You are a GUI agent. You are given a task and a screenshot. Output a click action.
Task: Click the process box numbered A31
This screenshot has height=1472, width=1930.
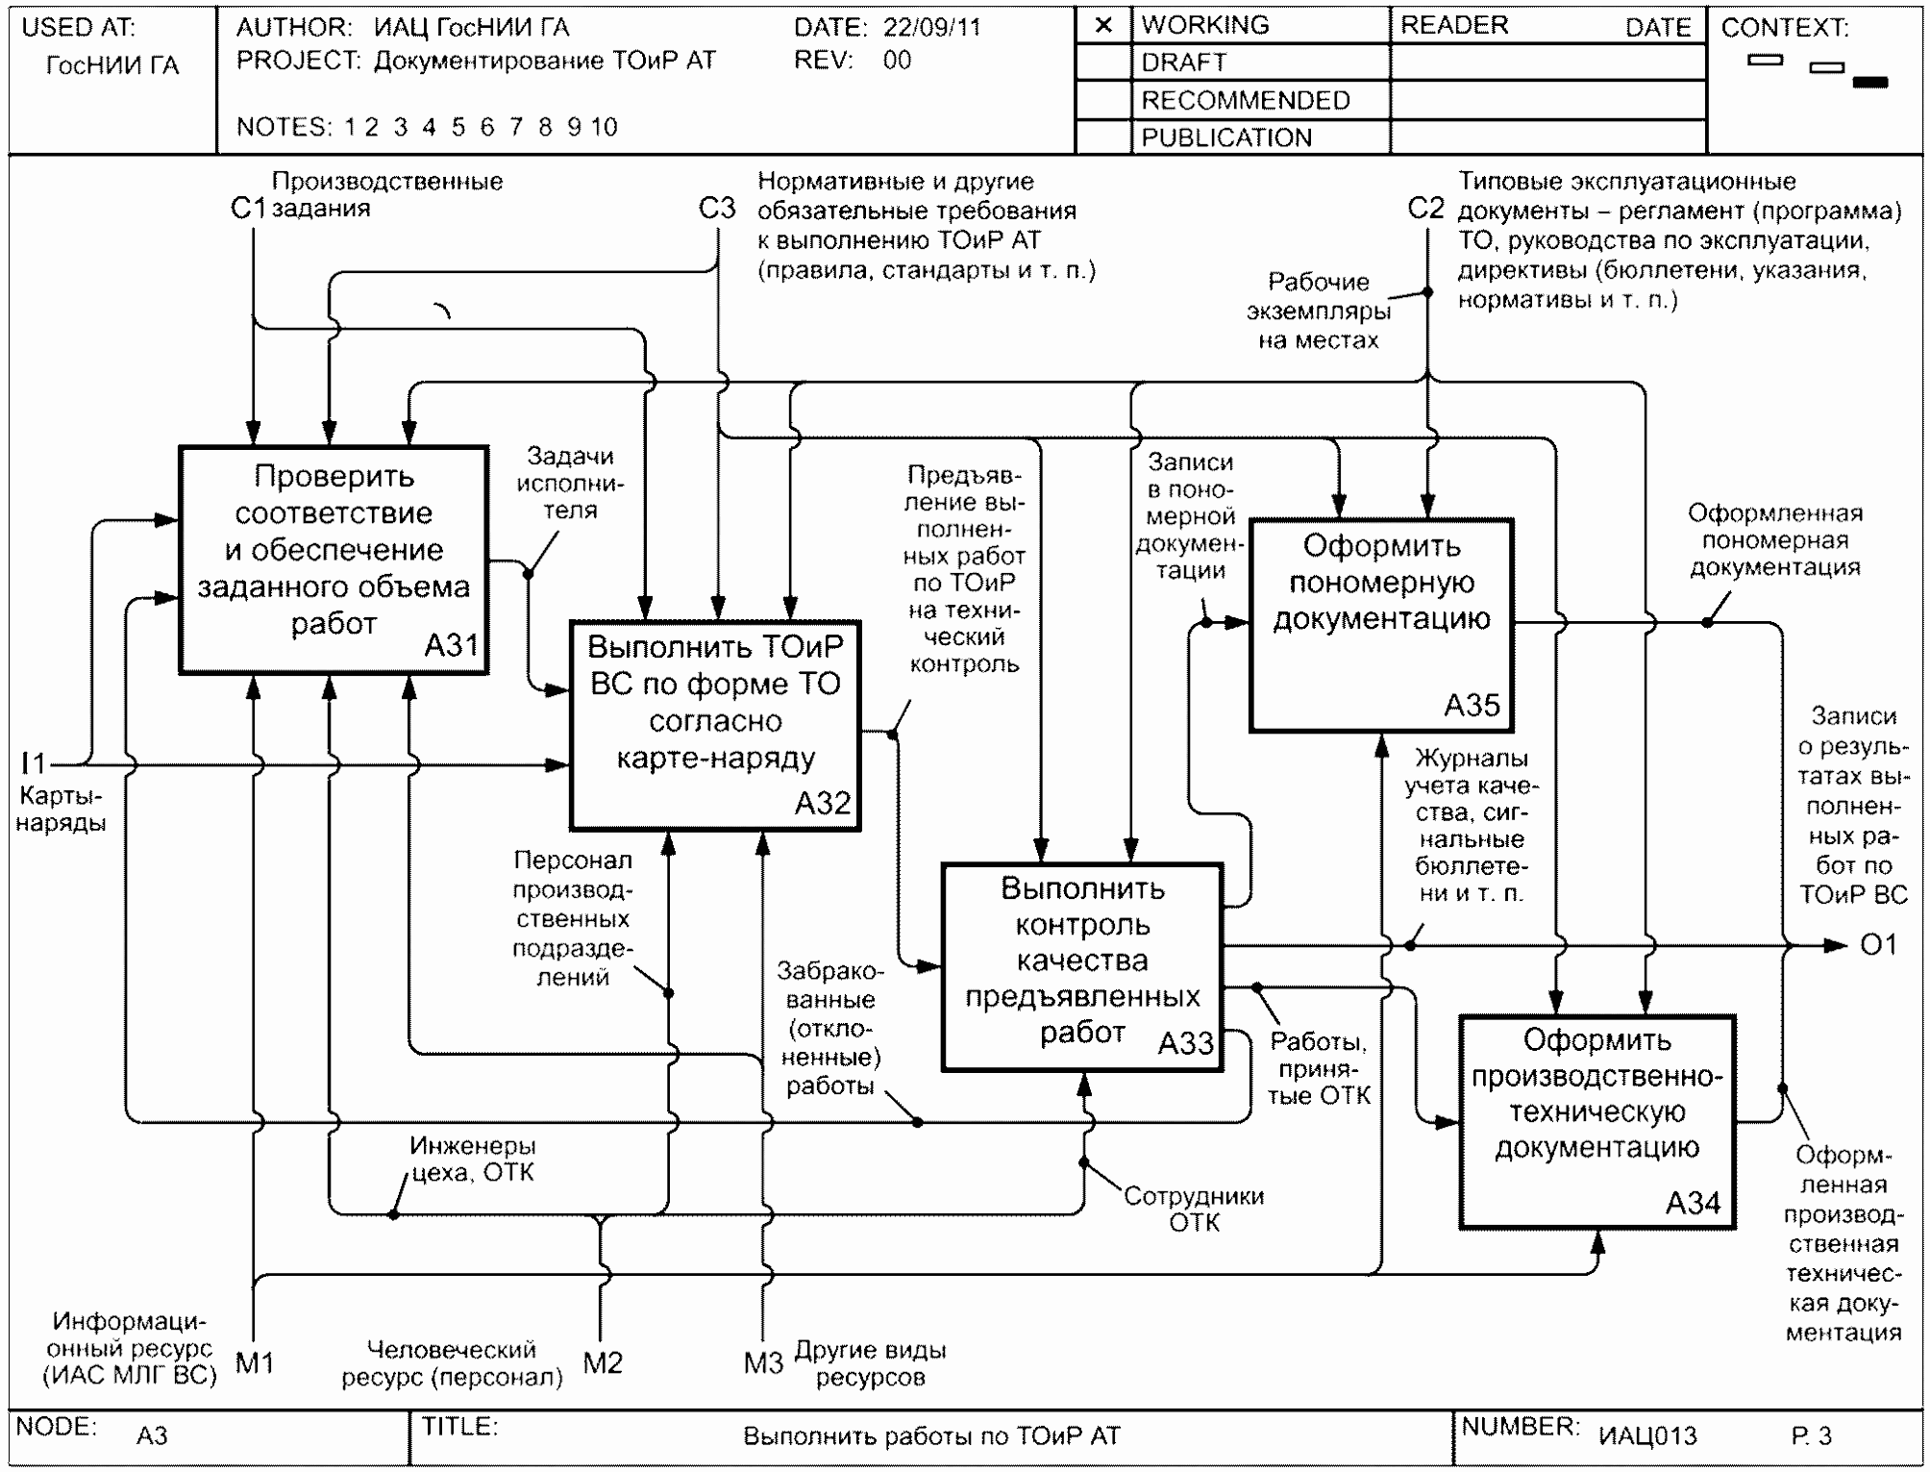[334, 560]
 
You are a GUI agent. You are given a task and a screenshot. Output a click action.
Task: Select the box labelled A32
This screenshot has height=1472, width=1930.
[715, 725]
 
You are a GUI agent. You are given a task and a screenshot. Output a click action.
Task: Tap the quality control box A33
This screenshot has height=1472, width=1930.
[1082, 966]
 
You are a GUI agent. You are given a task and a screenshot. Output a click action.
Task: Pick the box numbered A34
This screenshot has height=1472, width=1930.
[1596, 1121]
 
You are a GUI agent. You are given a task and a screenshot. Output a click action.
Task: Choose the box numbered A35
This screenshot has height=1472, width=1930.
[1381, 626]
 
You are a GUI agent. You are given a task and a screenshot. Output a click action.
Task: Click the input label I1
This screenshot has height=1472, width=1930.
[33, 763]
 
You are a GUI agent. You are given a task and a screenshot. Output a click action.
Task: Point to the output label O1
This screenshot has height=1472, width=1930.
[1878, 945]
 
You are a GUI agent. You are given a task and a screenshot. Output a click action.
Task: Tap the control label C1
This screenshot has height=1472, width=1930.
[247, 209]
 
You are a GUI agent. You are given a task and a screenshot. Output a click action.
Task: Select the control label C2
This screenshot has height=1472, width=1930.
[1425, 209]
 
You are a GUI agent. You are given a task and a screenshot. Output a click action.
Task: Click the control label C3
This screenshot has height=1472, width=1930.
[717, 209]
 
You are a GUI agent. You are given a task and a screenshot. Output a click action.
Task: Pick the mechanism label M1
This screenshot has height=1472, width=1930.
[255, 1362]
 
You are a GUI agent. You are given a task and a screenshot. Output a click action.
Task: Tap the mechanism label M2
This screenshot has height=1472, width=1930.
[603, 1362]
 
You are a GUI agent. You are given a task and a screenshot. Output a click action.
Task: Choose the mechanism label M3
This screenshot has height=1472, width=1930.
[763, 1362]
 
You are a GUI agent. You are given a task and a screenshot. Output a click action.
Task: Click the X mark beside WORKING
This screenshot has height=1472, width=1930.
[1103, 25]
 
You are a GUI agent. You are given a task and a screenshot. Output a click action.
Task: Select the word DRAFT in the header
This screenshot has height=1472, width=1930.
[1184, 62]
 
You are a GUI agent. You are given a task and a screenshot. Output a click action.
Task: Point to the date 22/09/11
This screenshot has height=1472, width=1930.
[932, 27]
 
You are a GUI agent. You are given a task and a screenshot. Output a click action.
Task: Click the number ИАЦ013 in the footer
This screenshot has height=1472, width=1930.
[1647, 1436]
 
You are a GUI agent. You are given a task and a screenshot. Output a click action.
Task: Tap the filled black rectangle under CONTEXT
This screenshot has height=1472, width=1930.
[1869, 83]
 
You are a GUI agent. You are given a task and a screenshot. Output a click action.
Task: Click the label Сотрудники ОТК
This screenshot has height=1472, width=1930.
[1194, 1209]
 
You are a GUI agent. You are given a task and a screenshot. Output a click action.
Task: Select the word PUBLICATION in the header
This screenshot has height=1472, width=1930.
[1226, 137]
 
